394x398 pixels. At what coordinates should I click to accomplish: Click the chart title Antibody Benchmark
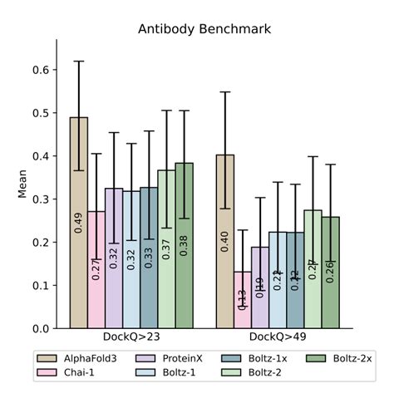[x=204, y=30]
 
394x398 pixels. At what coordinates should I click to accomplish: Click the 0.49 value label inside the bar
[x=79, y=223]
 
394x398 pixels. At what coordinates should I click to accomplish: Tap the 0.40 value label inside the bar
[x=225, y=241]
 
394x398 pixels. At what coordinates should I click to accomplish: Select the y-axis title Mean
[x=22, y=184]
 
